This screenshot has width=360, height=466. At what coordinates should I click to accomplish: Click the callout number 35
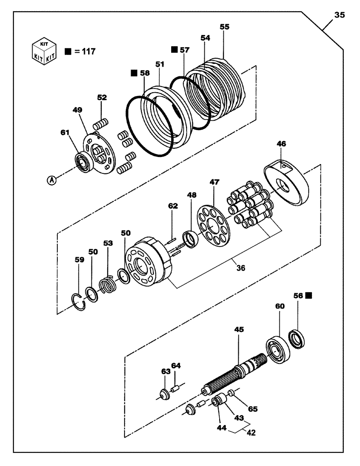click(339, 15)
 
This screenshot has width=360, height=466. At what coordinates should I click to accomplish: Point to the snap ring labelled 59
click(80, 301)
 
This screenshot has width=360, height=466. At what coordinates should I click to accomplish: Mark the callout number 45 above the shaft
click(239, 329)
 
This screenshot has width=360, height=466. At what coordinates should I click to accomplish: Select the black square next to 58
click(134, 73)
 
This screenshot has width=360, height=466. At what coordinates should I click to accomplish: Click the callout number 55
click(225, 27)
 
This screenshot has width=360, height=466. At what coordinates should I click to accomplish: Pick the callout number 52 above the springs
click(102, 98)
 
